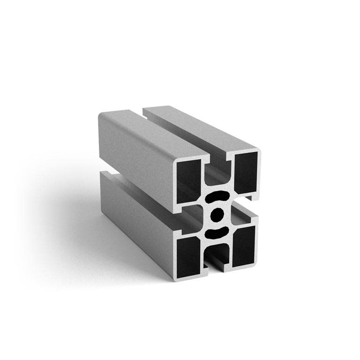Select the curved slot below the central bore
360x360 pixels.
click(x=217, y=232)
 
